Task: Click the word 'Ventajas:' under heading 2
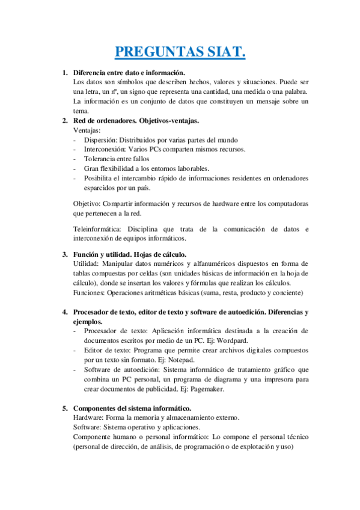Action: pos(87,130)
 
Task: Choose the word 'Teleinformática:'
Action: pos(98,229)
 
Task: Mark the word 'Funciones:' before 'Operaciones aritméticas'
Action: pos(89,293)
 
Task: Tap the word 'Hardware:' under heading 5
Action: pos(89,418)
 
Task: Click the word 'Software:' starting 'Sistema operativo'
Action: pos(88,428)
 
